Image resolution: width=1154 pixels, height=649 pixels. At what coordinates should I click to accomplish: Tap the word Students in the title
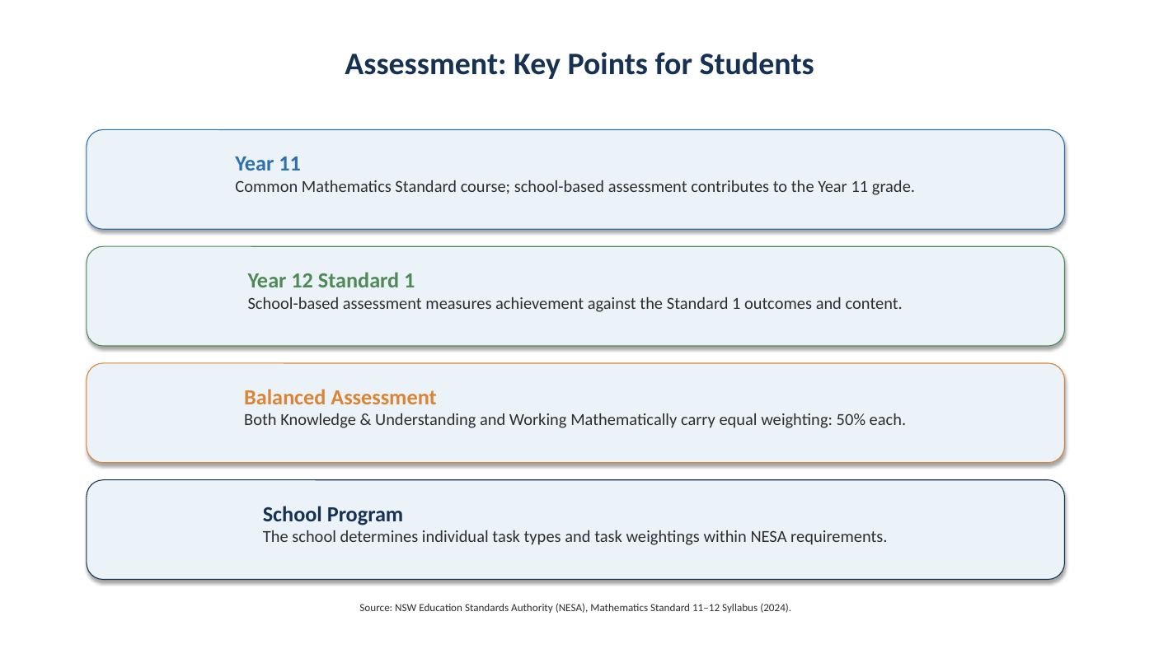click(757, 65)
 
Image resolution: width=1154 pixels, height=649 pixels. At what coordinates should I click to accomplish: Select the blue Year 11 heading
click(267, 164)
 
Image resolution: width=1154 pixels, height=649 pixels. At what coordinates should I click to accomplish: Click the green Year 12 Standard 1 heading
click(331, 281)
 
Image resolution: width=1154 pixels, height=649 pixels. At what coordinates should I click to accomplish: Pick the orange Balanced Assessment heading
click(340, 397)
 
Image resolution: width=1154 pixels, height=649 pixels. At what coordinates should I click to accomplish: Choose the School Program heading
click(333, 514)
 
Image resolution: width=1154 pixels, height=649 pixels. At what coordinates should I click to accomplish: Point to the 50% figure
click(851, 420)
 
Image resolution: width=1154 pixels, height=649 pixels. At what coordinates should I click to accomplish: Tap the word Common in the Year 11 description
click(265, 187)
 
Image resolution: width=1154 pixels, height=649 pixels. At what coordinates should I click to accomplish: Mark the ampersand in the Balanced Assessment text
click(365, 420)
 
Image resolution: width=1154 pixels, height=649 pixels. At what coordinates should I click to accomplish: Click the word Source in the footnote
click(375, 608)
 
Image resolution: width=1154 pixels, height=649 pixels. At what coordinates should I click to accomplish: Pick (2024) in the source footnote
click(774, 608)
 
